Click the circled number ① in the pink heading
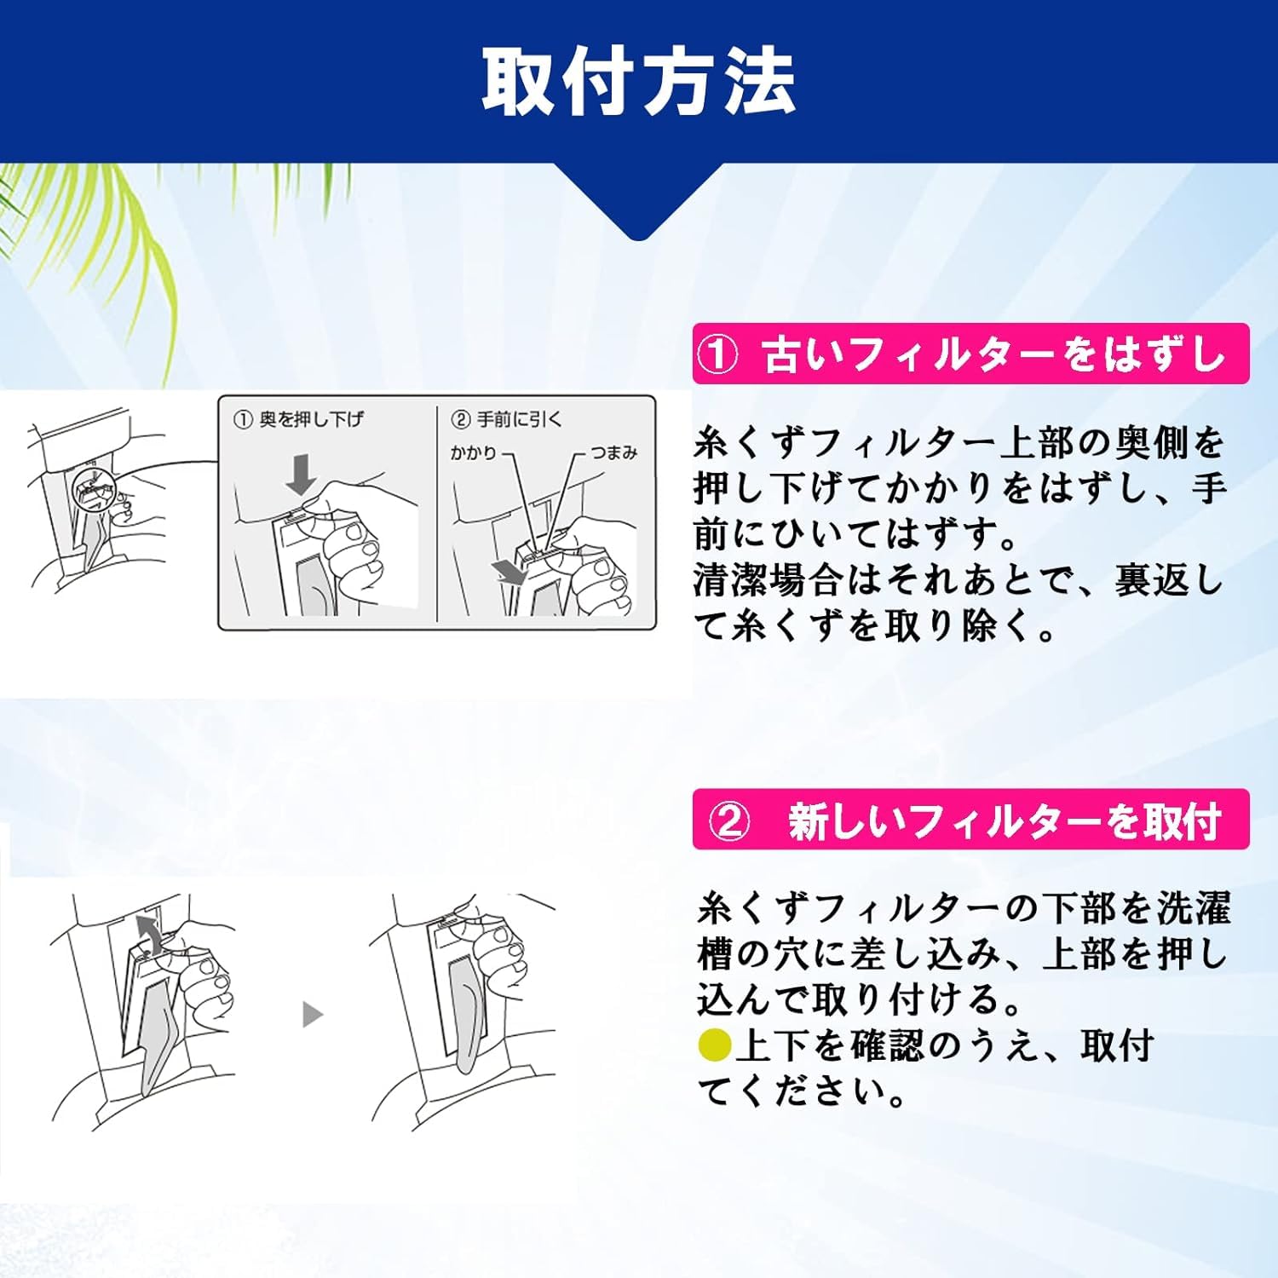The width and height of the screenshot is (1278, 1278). click(x=718, y=354)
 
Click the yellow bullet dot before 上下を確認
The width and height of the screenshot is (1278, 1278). click(x=714, y=1045)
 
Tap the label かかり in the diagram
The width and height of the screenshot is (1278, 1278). click(x=473, y=452)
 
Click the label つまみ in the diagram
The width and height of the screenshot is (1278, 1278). click(x=613, y=452)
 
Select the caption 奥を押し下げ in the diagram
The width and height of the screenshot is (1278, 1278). click(x=311, y=419)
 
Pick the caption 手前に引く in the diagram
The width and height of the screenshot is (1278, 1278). click(x=519, y=419)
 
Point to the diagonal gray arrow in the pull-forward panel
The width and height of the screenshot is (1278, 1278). click(x=512, y=571)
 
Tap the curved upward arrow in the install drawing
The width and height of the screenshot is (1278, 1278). click(x=149, y=935)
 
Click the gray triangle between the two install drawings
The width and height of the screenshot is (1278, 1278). click(x=313, y=1014)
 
